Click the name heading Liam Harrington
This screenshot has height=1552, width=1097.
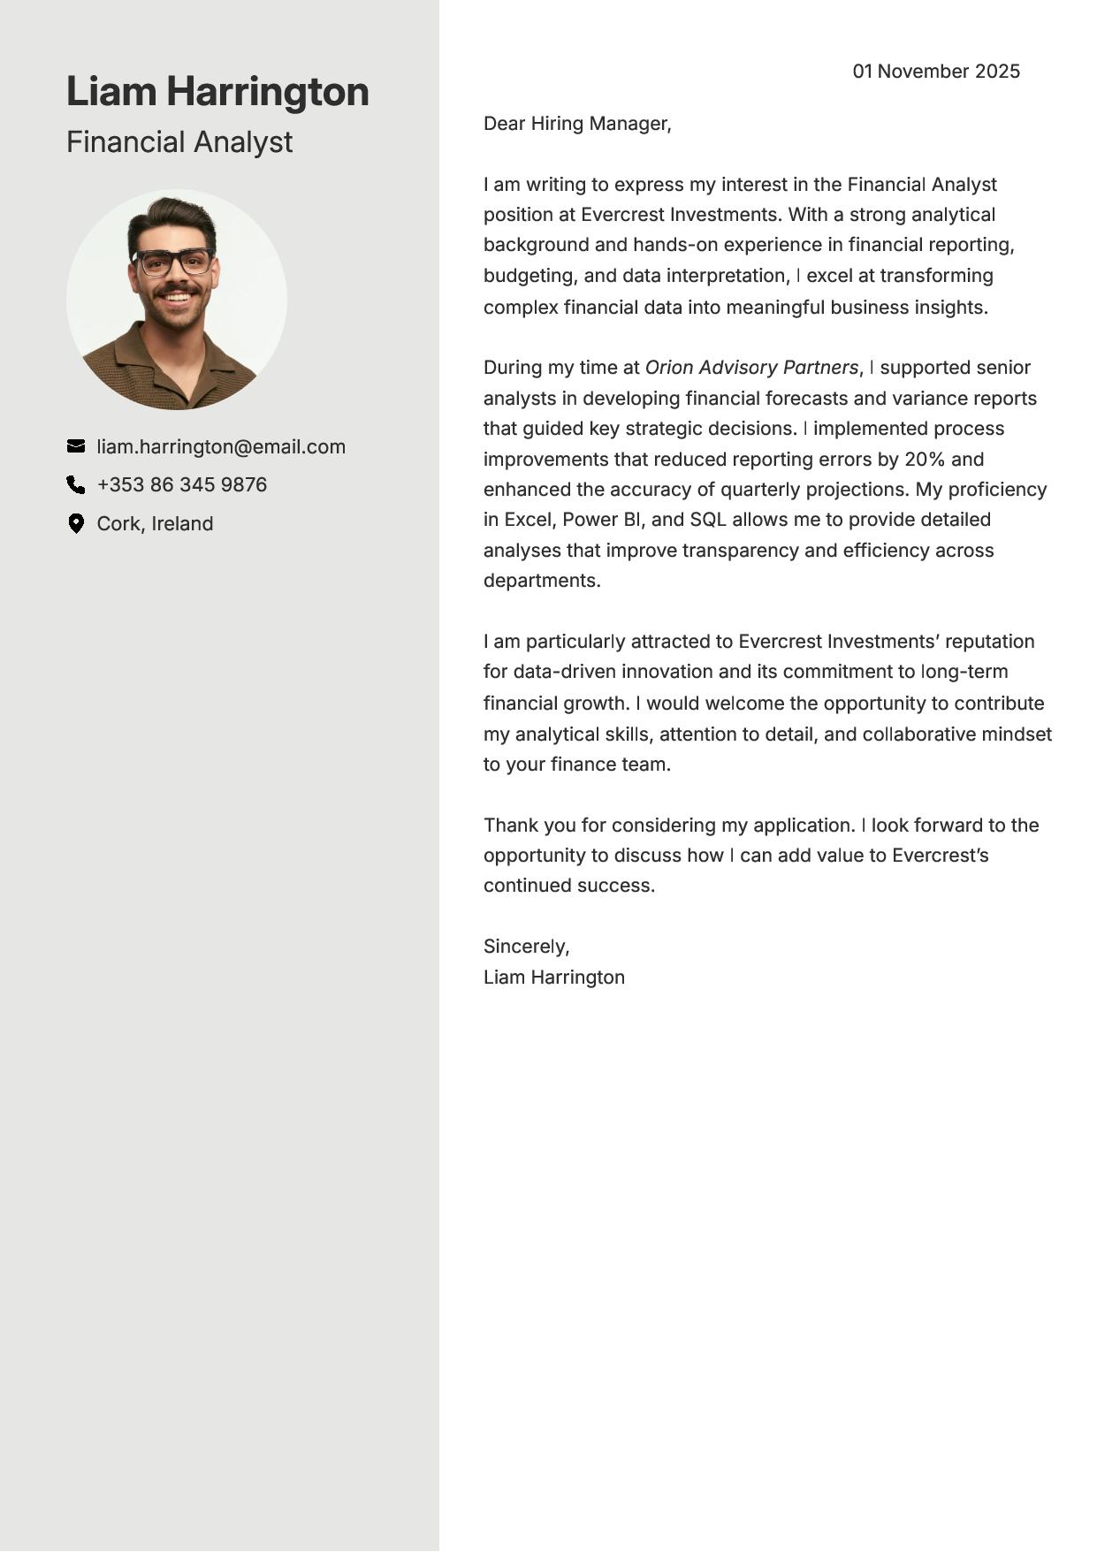[217, 92]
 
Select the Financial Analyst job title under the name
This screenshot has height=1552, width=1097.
[179, 142]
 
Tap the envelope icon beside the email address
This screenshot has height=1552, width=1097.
[76, 446]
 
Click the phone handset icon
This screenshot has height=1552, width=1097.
[76, 484]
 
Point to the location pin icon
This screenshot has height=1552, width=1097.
[76, 523]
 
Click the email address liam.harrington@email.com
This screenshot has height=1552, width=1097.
[221, 447]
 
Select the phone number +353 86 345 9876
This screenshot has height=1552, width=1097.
[182, 485]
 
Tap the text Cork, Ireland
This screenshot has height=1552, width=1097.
[155, 524]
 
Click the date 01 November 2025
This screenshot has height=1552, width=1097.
[936, 72]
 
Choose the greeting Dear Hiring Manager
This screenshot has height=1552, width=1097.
[577, 124]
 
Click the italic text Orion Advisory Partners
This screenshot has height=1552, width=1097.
[751, 368]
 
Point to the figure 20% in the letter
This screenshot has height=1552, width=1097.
[925, 460]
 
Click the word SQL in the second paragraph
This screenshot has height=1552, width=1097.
[707, 520]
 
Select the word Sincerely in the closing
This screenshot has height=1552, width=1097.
[525, 947]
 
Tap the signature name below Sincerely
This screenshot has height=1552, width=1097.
[554, 978]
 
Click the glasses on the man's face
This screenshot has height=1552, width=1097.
[174, 262]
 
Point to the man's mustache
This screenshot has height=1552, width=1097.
[177, 288]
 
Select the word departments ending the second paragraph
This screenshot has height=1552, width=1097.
[541, 581]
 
